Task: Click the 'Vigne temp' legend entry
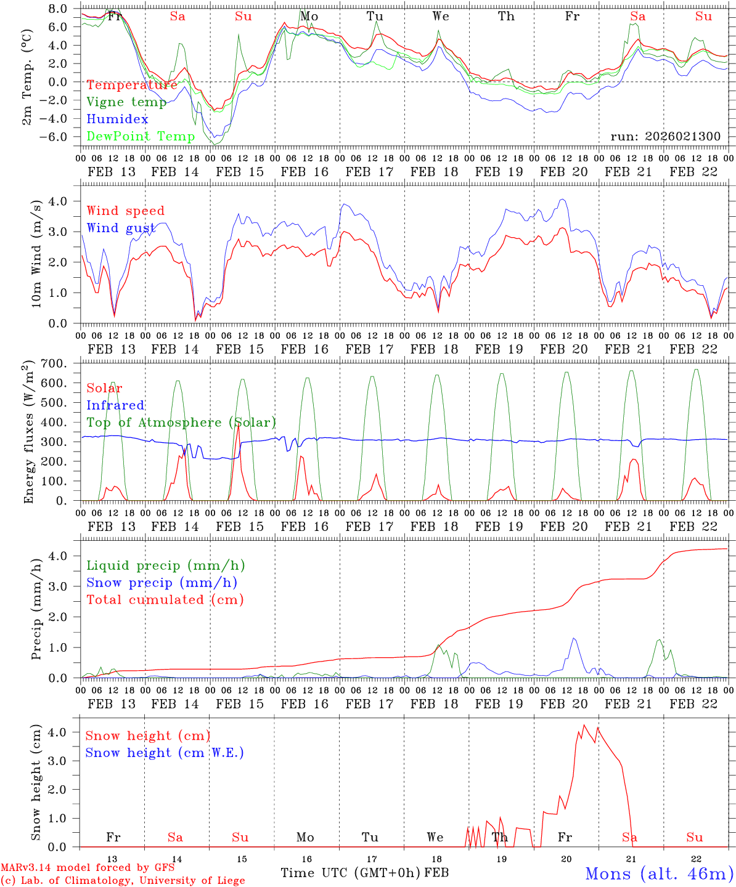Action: [x=126, y=102]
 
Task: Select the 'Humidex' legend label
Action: [x=117, y=119]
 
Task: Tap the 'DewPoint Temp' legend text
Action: [x=141, y=136]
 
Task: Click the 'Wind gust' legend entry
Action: [x=121, y=228]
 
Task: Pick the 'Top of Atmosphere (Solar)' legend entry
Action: [x=181, y=423]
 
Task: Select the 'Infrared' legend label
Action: [x=115, y=405]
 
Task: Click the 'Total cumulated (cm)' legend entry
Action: [x=165, y=599]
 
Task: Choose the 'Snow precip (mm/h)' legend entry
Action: [x=162, y=583]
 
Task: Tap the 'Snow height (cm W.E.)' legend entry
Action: [x=165, y=753]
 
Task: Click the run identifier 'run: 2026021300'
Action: [x=665, y=137]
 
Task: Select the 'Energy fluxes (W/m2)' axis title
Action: [x=28, y=434]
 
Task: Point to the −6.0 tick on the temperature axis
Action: [x=60, y=137]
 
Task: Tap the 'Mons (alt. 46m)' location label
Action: [x=658, y=873]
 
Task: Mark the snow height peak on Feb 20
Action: [x=584, y=725]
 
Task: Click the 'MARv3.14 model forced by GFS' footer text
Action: [x=88, y=868]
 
